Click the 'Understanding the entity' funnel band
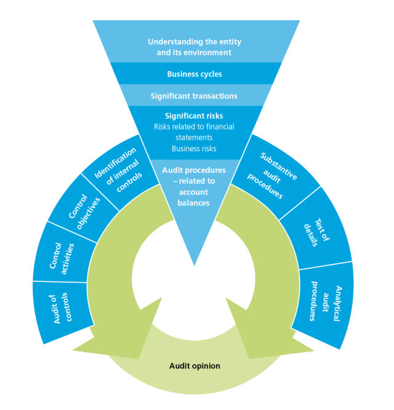(x=194, y=47)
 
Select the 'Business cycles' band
(x=194, y=74)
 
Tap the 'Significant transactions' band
(x=194, y=96)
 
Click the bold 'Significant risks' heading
(x=194, y=116)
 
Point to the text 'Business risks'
(x=194, y=149)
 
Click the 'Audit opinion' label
(x=195, y=366)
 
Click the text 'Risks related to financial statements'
(x=194, y=132)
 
